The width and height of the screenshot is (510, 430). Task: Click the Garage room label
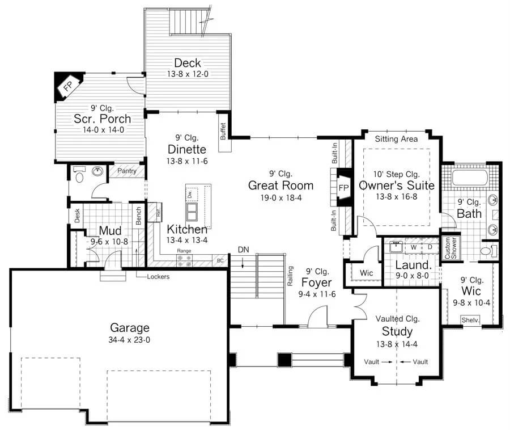click(130, 328)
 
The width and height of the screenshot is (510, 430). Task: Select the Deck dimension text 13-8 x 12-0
click(188, 74)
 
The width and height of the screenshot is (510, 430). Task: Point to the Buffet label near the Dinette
click(223, 131)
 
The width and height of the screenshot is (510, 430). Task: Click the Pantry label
click(127, 171)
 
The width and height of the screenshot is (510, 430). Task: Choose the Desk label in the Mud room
click(77, 216)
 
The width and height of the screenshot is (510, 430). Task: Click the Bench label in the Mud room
click(139, 216)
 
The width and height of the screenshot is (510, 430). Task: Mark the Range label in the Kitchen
click(184, 251)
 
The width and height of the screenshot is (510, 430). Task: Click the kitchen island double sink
click(192, 212)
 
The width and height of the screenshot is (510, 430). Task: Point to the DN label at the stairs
click(243, 250)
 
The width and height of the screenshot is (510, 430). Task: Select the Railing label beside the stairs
click(291, 276)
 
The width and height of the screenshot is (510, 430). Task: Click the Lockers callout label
click(158, 277)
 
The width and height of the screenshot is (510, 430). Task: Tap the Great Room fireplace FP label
click(344, 188)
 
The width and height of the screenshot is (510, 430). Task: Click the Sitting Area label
click(396, 139)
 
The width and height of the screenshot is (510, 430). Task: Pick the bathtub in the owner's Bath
click(470, 178)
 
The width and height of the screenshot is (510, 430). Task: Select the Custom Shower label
click(450, 248)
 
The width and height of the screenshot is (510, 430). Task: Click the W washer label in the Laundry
click(414, 247)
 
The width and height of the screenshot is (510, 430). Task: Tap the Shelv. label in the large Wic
click(470, 320)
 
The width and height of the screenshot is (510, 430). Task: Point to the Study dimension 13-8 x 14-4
click(397, 344)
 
